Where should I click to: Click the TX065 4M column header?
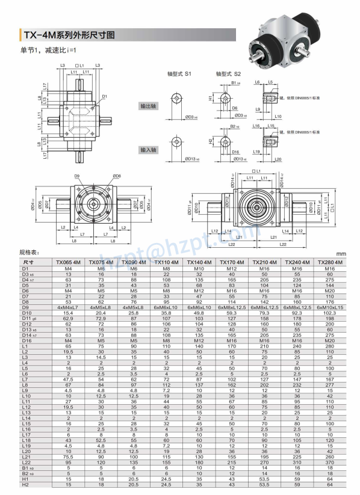(x=68, y=262)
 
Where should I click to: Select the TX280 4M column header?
(x=329, y=262)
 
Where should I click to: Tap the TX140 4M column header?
(x=199, y=262)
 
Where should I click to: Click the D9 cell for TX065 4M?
(x=68, y=307)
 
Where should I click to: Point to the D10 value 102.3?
(x=329, y=313)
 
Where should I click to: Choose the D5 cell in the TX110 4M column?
(x=166, y=284)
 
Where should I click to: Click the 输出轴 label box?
(x=148, y=106)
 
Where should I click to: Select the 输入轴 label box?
(x=148, y=149)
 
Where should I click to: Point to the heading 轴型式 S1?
(x=179, y=73)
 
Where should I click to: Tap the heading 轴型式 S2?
(x=229, y=73)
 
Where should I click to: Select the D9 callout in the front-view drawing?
(x=78, y=176)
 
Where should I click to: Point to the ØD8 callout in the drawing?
(x=116, y=176)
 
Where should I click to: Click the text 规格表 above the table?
(x=29, y=253)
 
